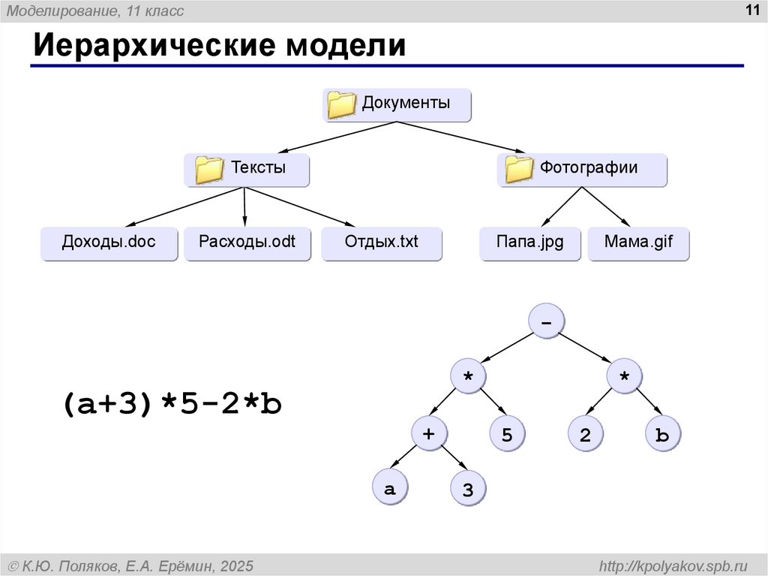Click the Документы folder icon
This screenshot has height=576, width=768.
(341, 104)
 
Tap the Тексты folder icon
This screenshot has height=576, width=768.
(209, 170)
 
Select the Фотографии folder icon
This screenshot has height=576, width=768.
(519, 169)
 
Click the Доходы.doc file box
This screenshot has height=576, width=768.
(109, 243)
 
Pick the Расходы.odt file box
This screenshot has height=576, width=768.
(247, 243)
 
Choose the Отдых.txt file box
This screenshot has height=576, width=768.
(382, 243)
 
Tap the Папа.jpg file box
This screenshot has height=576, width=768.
(530, 243)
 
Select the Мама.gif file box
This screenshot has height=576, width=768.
(638, 243)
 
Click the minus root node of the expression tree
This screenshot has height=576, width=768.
(547, 321)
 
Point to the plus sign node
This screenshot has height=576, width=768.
(429, 433)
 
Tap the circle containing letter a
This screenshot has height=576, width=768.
(390, 487)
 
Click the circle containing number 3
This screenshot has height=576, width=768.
(468, 488)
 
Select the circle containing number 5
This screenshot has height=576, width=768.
(508, 433)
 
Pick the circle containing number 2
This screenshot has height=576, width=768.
(586, 433)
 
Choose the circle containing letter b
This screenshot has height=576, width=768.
(663, 433)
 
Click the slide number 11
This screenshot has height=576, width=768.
(751, 10)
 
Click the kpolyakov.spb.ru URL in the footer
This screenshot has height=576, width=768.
(673, 566)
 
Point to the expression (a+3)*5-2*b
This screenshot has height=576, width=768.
(172, 404)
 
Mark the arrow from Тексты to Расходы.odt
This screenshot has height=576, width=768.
(244, 207)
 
